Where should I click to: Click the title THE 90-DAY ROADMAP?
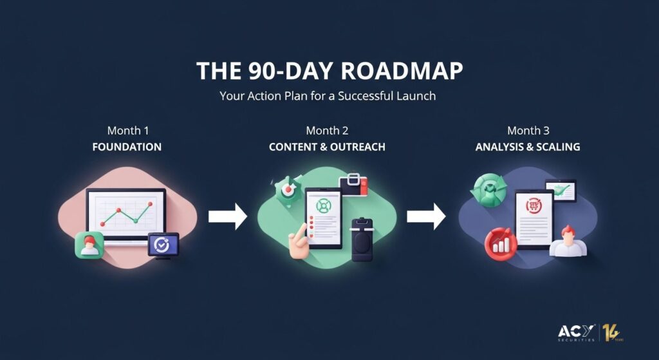(x=329, y=71)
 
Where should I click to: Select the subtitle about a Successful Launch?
(x=328, y=96)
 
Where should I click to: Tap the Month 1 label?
(x=128, y=130)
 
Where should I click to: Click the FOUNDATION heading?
(x=127, y=147)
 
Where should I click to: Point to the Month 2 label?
(x=327, y=130)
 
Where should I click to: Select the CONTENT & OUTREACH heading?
(x=327, y=147)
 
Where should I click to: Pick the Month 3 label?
(x=528, y=130)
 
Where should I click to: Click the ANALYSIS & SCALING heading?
(x=528, y=147)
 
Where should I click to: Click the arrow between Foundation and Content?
(x=228, y=216)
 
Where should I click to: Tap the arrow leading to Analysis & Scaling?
(x=426, y=216)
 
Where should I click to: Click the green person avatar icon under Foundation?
(x=89, y=245)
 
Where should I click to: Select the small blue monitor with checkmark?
(x=163, y=245)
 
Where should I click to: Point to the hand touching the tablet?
(x=299, y=240)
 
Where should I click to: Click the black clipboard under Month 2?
(x=363, y=240)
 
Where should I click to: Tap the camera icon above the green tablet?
(x=353, y=185)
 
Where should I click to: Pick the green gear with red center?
(x=288, y=191)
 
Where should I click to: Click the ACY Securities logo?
(x=576, y=333)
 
